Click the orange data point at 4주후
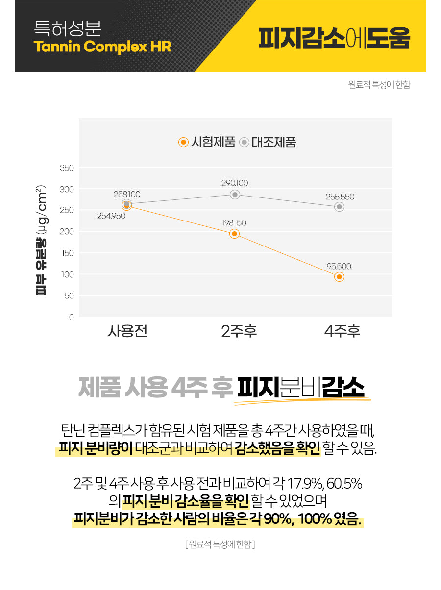(x=339, y=277)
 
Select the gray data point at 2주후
(x=235, y=195)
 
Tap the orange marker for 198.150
(x=235, y=234)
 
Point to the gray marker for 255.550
(x=339, y=207)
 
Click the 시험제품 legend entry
(x=204, y=142)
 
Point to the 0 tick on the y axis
(x=71, y=318)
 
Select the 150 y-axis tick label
(x=68, y=253)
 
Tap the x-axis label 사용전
(x=127, y=331)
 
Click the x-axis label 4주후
(x=342, y=331)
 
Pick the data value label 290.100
(x=235, y=183)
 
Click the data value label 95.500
(x=339, y=266)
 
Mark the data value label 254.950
(x=111, y=216)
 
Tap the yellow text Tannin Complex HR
(x=102, y=47)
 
